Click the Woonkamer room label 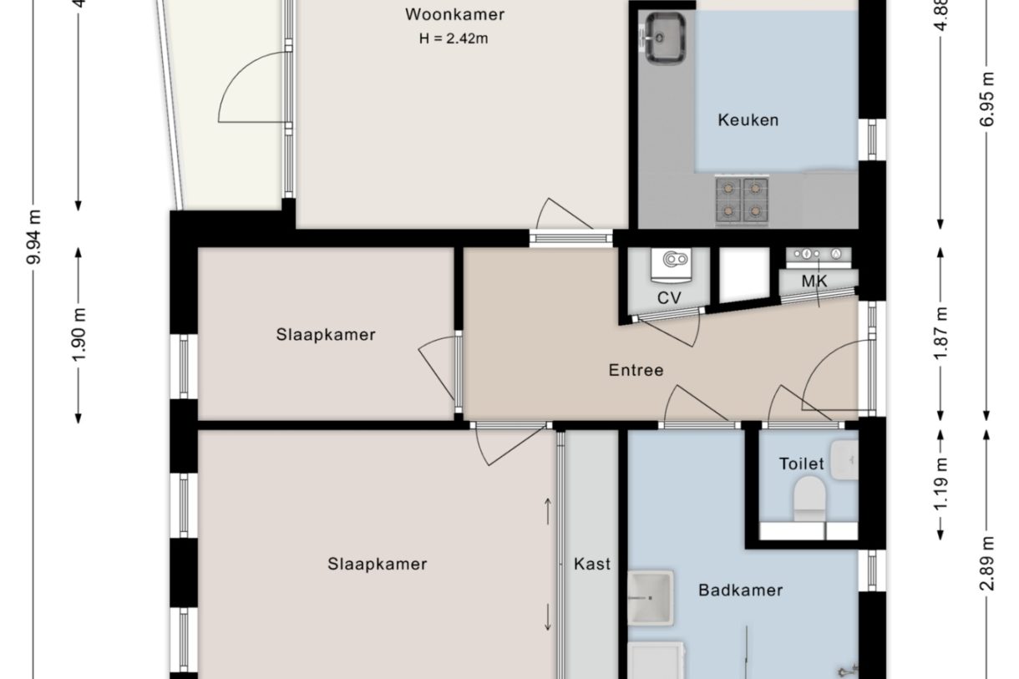point(454,14)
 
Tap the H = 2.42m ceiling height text point(454,38)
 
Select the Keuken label point(748,120)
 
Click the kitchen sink point(665,38)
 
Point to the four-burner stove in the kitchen point(742,200)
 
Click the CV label point(669,298)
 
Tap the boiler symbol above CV point(673,261)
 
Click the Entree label point(636,370)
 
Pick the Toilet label point(801,464)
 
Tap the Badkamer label point(740,590)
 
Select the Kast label point(591,564)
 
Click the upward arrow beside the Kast point(548,510)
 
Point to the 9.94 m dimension point(34,237)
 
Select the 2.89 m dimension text point(989,565)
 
